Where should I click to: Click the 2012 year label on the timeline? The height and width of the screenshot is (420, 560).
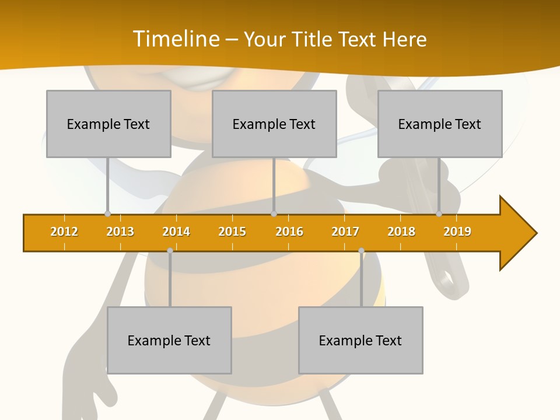[64, 232]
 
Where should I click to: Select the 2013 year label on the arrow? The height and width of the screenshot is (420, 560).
[120, 232]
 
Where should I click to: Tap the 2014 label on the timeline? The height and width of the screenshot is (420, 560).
[176, 232]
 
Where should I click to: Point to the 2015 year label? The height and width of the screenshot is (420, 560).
[232, 232]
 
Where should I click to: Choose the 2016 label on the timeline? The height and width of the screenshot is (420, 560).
[289, 232]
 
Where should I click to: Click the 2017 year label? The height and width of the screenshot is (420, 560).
[345, 232]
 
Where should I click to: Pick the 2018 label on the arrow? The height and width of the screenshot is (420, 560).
[401, 232]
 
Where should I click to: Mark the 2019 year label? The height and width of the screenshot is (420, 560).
[457, 232]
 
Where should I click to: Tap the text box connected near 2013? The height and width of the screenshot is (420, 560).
[108, 124]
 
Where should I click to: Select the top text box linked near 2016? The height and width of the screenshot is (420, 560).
[274, 124]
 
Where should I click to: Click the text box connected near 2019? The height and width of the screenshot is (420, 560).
[440, 124]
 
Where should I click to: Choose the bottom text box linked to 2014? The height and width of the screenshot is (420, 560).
[169, 340]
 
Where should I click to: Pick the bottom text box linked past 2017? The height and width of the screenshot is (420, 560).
[360, 340]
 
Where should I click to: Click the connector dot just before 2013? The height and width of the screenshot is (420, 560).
[107, 214]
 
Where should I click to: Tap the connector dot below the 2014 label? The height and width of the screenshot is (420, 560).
[170, 251]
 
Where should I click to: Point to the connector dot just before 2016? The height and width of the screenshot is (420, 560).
[274, 214]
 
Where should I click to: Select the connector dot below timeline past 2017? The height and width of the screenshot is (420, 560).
[361, 251]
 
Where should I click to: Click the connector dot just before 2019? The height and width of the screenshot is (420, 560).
[439, 214]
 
